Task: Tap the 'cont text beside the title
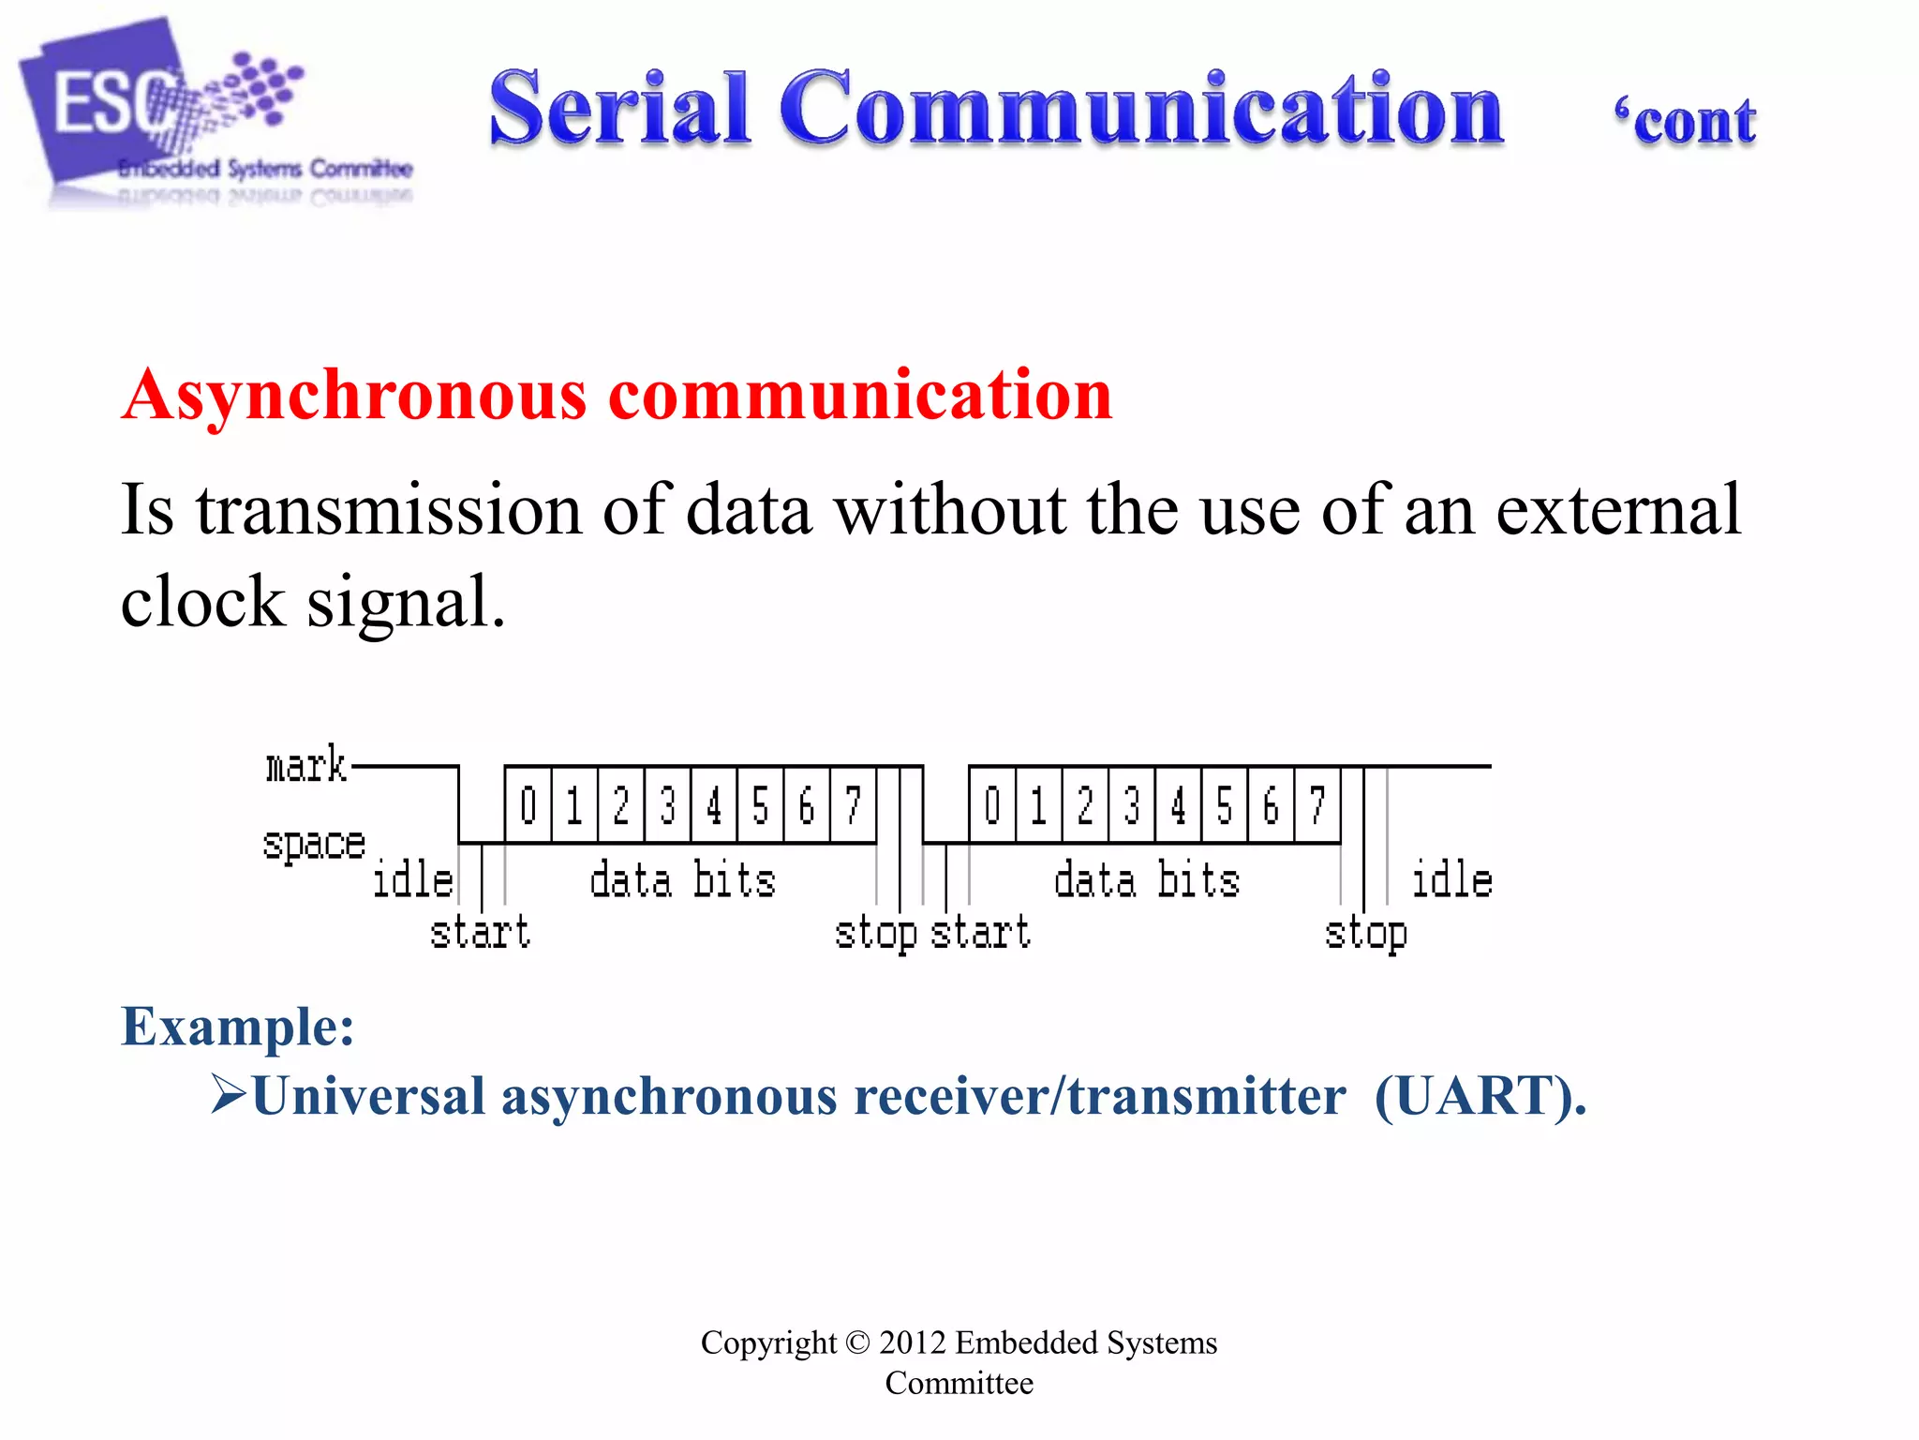pyautogui.click(x=1685, y=122)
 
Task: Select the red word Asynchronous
pyautogui.click(x=354, y=396)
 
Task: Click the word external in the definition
pyautogui.click(x=1618, y=510)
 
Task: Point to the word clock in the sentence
pyautogui.click(x=202, y=602)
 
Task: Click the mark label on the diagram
pyautogui.click(x=305, y=766)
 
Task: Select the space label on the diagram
pyautogui.click(x=313, y=844)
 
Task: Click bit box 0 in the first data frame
pyautogui.click(x=528, y=805)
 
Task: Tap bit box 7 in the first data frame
pyautogui.click(x=853, y=805)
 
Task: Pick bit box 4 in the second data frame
pyautogui.click(x=1178, y=805)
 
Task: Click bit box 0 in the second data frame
pyautogui.click(x=992, y=805)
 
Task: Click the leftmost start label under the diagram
pyautogui.click(x=480, y=933)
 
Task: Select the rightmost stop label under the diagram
pyautogui.click(x=1365, y=934)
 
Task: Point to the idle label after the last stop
pyautogui.click(x=1450, y=880)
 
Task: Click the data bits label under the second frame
pyautogui.click(x=1147, y=881)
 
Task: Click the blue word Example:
pyautogui.click(x=238, y=1026)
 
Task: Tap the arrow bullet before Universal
pyautogui.click(x=228, y=1093)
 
